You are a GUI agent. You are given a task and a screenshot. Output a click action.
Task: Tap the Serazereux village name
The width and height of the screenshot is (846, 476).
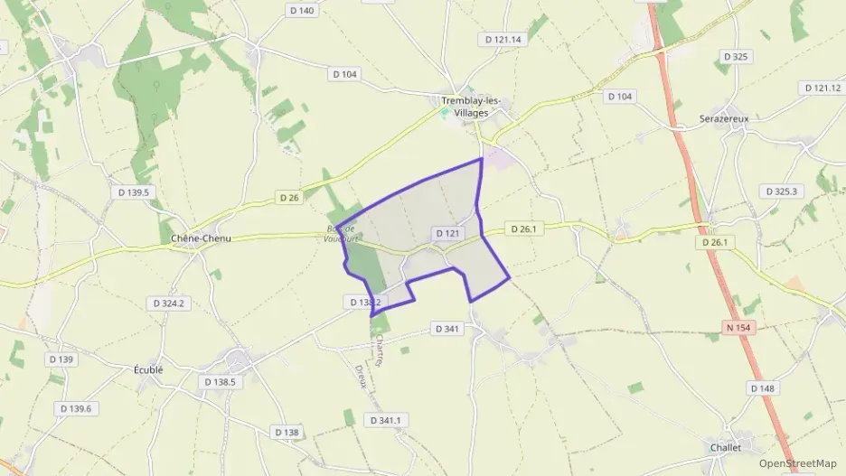pyautogui.click(x=724, y=118)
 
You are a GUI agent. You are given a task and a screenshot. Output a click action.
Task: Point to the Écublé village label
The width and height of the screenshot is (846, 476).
pyautogui.click(x=147, y=369)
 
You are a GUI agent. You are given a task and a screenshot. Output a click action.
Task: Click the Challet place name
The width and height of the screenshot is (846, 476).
pyautogui.click(x=725, y=447)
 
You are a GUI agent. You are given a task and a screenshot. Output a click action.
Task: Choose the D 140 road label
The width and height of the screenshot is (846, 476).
pyautogui.click(x=301, y=11)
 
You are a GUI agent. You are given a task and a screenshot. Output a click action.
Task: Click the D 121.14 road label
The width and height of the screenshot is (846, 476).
pyautogui.click(x=503, y=40)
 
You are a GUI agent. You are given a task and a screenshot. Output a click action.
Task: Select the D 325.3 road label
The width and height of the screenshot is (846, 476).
pyautogui.click(x=780, y=191)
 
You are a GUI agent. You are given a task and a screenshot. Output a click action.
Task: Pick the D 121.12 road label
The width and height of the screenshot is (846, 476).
pyautogui.click(x=822, y=88)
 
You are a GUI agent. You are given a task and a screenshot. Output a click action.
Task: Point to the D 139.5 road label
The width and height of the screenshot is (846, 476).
pyautogui.click(x=133, y=192)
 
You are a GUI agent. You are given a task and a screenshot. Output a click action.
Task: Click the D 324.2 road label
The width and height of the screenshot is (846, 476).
pyautogui.click(x=169, y=303)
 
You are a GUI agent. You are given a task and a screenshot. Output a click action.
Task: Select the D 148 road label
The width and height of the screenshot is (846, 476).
pyautogui.click(x=762, y=388)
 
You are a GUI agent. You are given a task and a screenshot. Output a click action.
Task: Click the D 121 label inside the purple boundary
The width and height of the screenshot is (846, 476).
pyautogui.click(x=448, y=233)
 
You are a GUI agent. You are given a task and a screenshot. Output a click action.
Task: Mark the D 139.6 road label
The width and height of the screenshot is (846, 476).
pyautogui.click(x=76, y=409)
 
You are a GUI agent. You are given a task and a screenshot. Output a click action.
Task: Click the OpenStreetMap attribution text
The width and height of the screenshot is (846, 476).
pyautogui.click(x=798, y=464)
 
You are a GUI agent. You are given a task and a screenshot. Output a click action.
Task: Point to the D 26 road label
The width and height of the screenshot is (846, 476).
pyautogui.click(x=289, y=197)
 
